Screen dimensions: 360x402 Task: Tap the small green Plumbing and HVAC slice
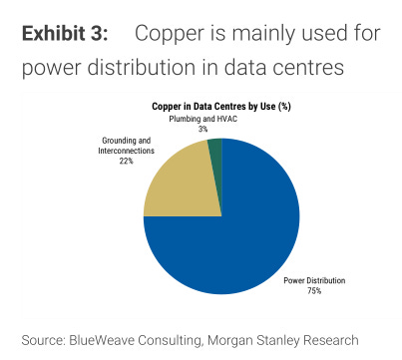tap(214, 148)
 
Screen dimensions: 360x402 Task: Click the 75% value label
tap(314, 290)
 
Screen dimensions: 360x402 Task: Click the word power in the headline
tap(49, 70)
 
